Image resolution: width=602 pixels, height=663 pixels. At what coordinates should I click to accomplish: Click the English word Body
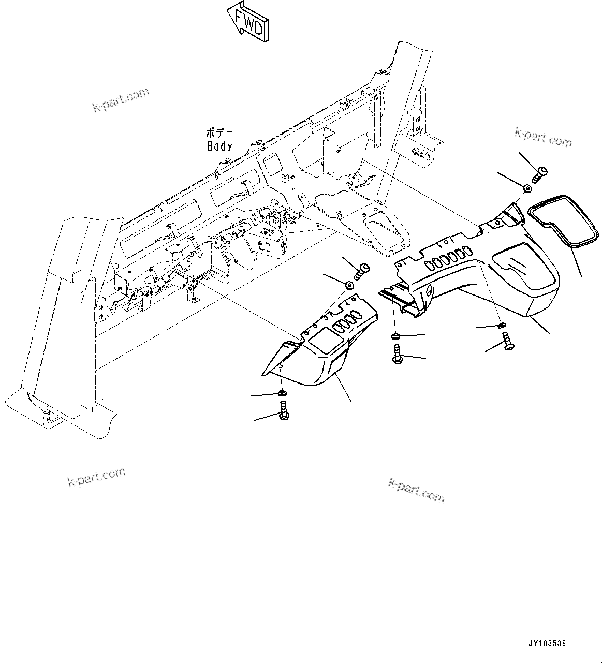[219, 146]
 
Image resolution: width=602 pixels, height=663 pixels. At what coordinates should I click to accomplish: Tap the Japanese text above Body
[219, 133]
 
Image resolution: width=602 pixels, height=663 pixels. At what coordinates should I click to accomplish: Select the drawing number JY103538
[547, 644]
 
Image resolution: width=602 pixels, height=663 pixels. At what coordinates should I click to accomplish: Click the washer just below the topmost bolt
[526, 189]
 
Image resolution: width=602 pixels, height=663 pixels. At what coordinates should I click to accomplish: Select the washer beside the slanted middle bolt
[350, 286]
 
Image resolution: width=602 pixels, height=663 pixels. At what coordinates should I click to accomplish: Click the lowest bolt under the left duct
[283, 413]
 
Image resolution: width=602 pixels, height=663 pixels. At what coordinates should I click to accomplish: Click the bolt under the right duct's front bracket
[397, 356]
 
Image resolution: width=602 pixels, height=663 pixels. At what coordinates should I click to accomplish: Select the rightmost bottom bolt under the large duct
[507, 343]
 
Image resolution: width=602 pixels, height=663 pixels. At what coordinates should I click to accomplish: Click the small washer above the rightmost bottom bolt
[501, 326]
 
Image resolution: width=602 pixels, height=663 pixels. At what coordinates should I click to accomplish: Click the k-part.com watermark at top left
[121, 100]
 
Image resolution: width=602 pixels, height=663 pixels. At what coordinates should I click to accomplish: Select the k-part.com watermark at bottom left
[96, 477]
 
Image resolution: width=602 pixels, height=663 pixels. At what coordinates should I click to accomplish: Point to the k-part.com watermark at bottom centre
[416, 490]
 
